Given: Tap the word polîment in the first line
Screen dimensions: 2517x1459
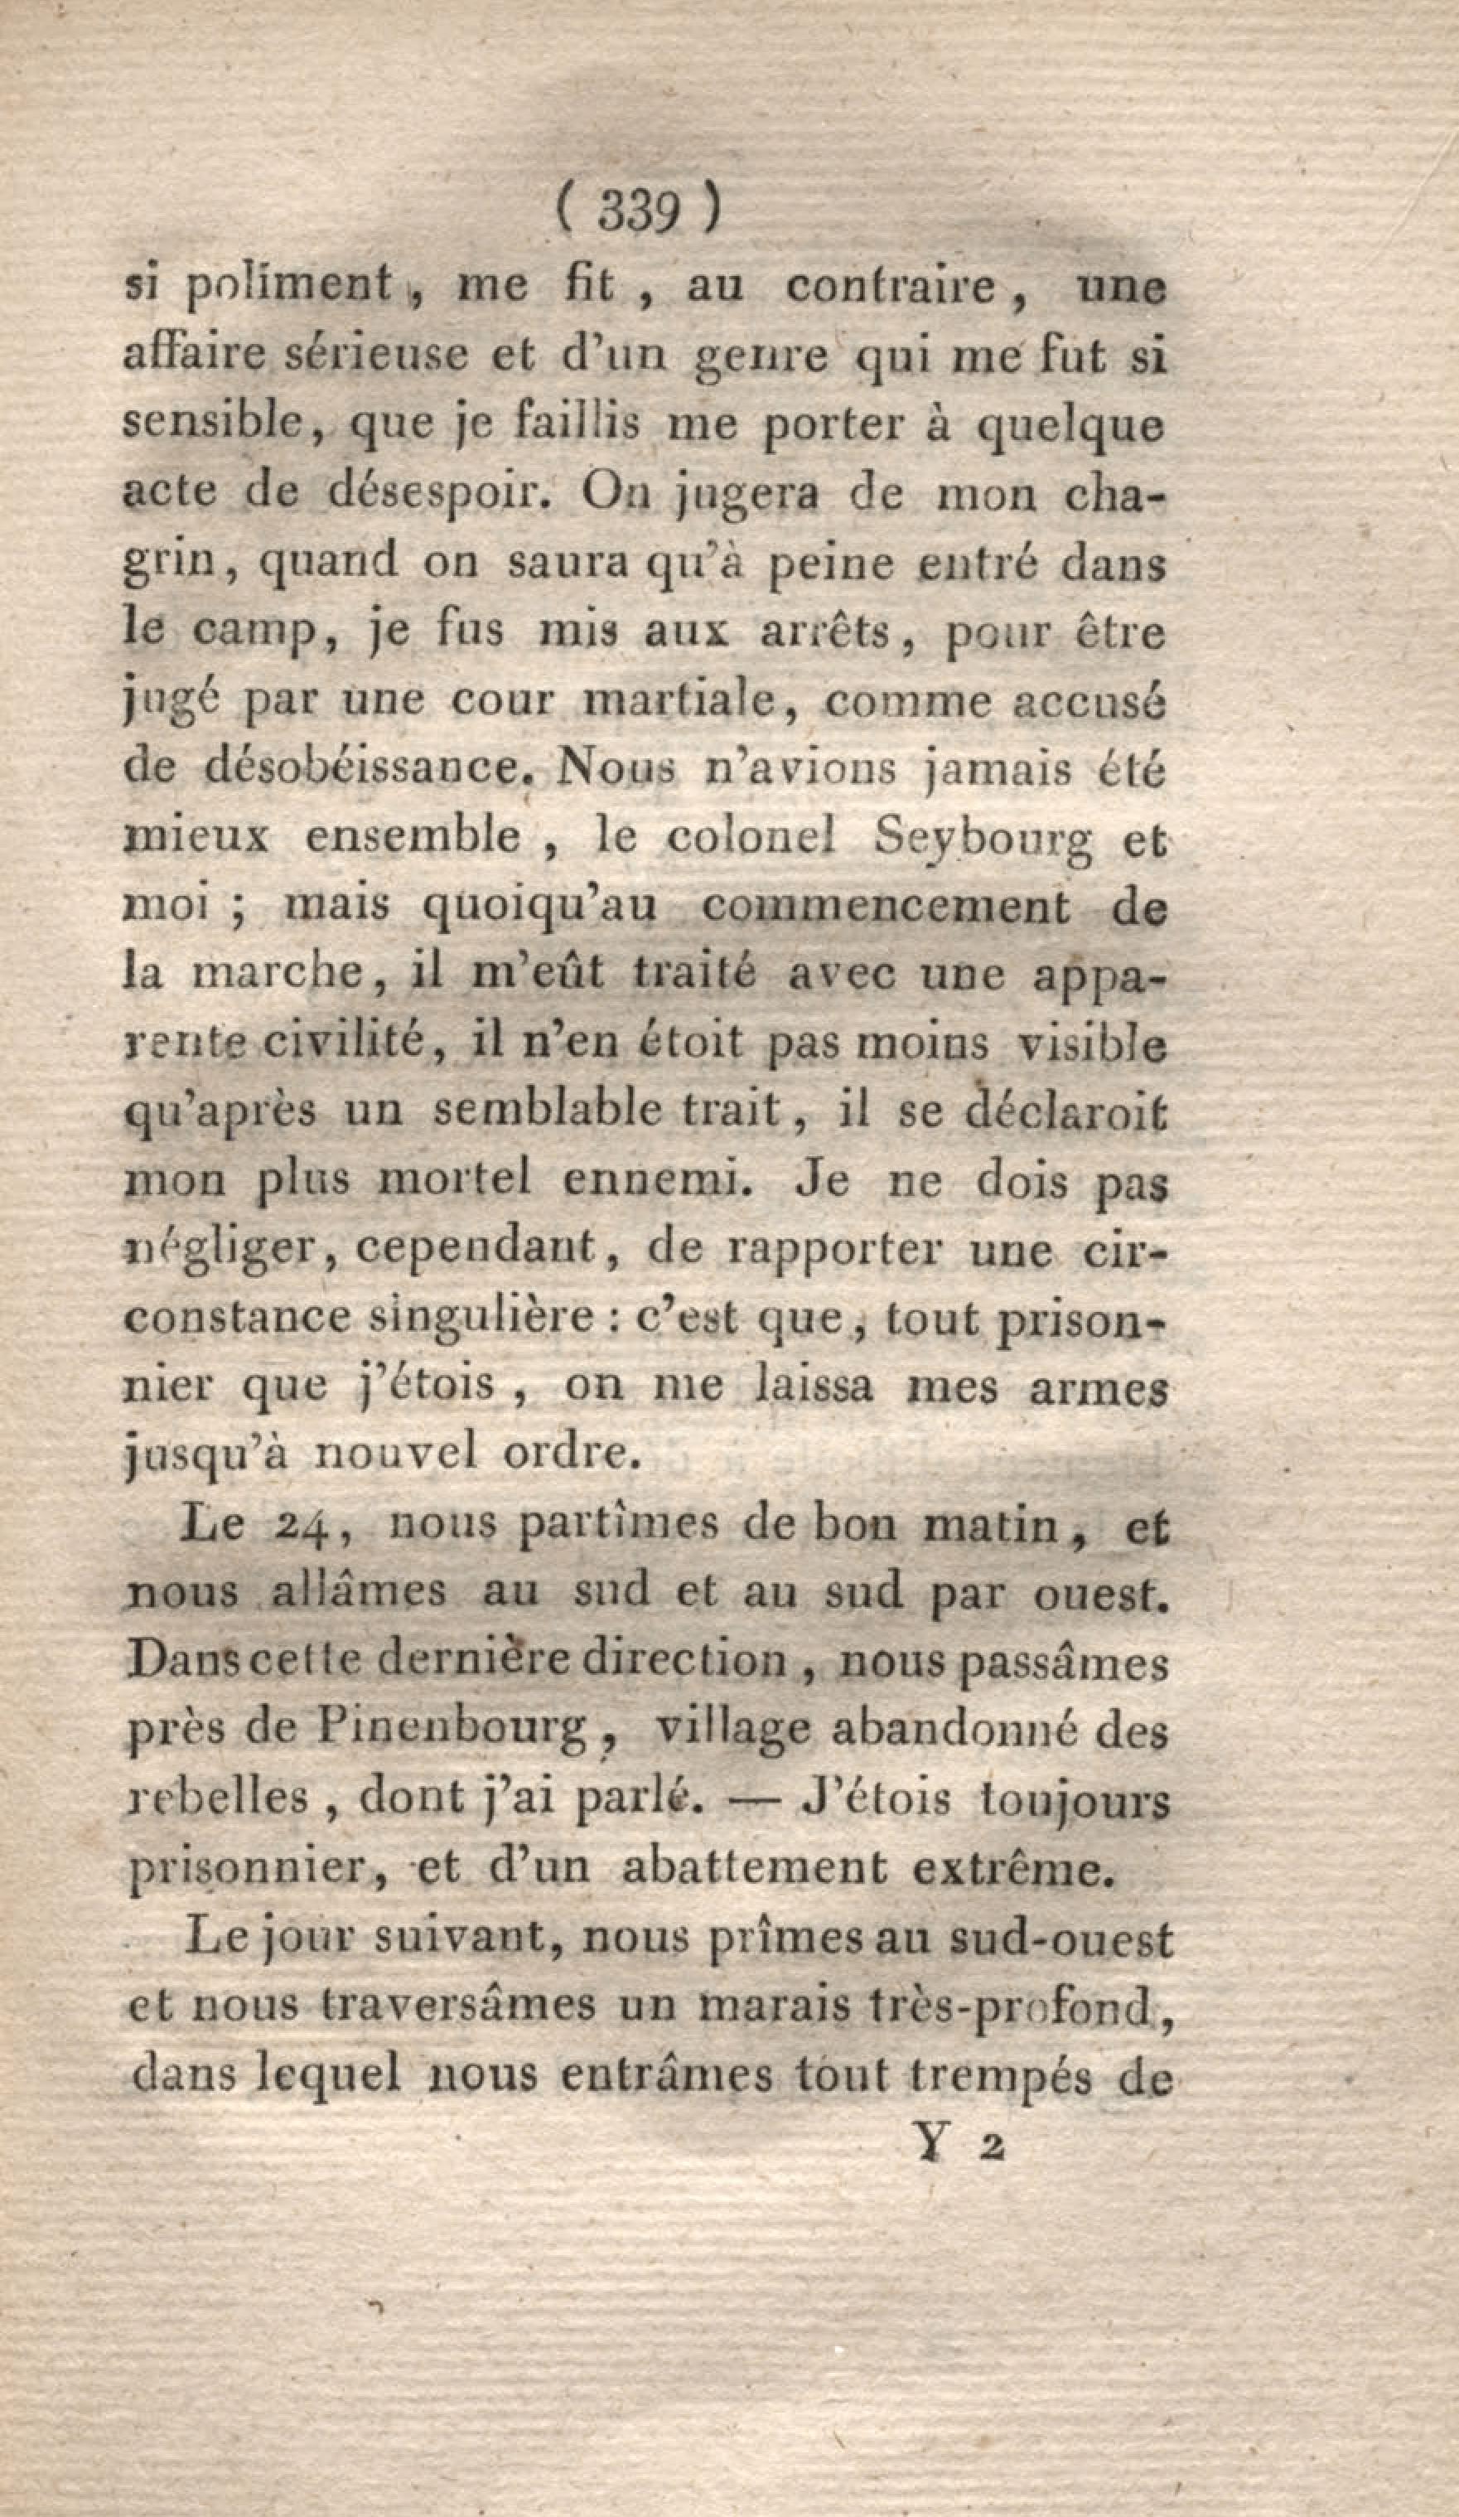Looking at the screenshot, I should click(291, 288).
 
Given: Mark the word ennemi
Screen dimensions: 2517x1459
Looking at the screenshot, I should click(653, 1179).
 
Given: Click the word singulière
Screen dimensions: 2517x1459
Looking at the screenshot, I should click(495, 1318).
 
